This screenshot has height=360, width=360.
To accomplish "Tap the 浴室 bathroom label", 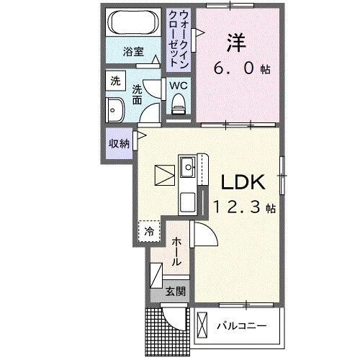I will [133, 52].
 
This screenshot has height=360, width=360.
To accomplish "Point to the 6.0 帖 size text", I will [241, 69].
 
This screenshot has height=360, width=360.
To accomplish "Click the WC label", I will [179, 85].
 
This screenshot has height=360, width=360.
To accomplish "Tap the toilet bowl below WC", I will [179, 105].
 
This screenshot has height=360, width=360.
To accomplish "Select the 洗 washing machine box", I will [114, 82].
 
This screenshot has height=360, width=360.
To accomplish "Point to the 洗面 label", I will [138, 97].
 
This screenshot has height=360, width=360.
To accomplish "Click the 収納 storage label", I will [119, 143].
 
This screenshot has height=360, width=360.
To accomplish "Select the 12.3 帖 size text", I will [243, 207].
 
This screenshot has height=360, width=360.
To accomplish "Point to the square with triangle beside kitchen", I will [163, 176].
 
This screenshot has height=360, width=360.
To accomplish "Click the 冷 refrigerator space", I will [149, 231].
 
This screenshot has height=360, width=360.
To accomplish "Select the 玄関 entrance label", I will [175, 292].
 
